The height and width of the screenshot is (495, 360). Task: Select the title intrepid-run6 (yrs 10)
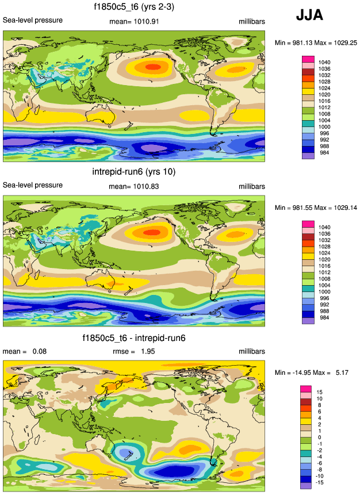133,172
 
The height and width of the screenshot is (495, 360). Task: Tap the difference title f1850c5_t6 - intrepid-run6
134,337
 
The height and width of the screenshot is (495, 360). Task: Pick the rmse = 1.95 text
132,351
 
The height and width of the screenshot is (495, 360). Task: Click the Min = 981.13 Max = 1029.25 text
316,43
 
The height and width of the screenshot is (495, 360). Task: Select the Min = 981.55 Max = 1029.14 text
316,208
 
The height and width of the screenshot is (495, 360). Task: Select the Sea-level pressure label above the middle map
33,185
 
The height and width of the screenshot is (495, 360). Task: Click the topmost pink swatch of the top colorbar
308,59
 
